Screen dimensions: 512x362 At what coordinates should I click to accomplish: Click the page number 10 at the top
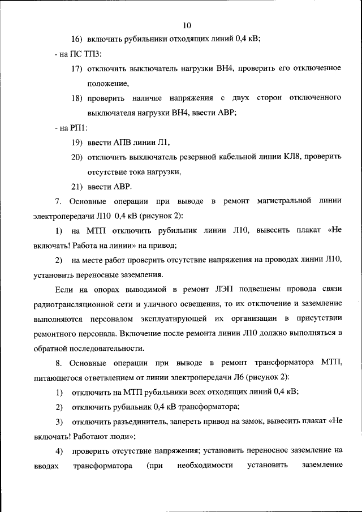point(188,25)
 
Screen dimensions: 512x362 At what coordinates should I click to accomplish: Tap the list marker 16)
point(77,38)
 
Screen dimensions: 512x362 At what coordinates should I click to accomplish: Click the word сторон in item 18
point(274,98)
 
